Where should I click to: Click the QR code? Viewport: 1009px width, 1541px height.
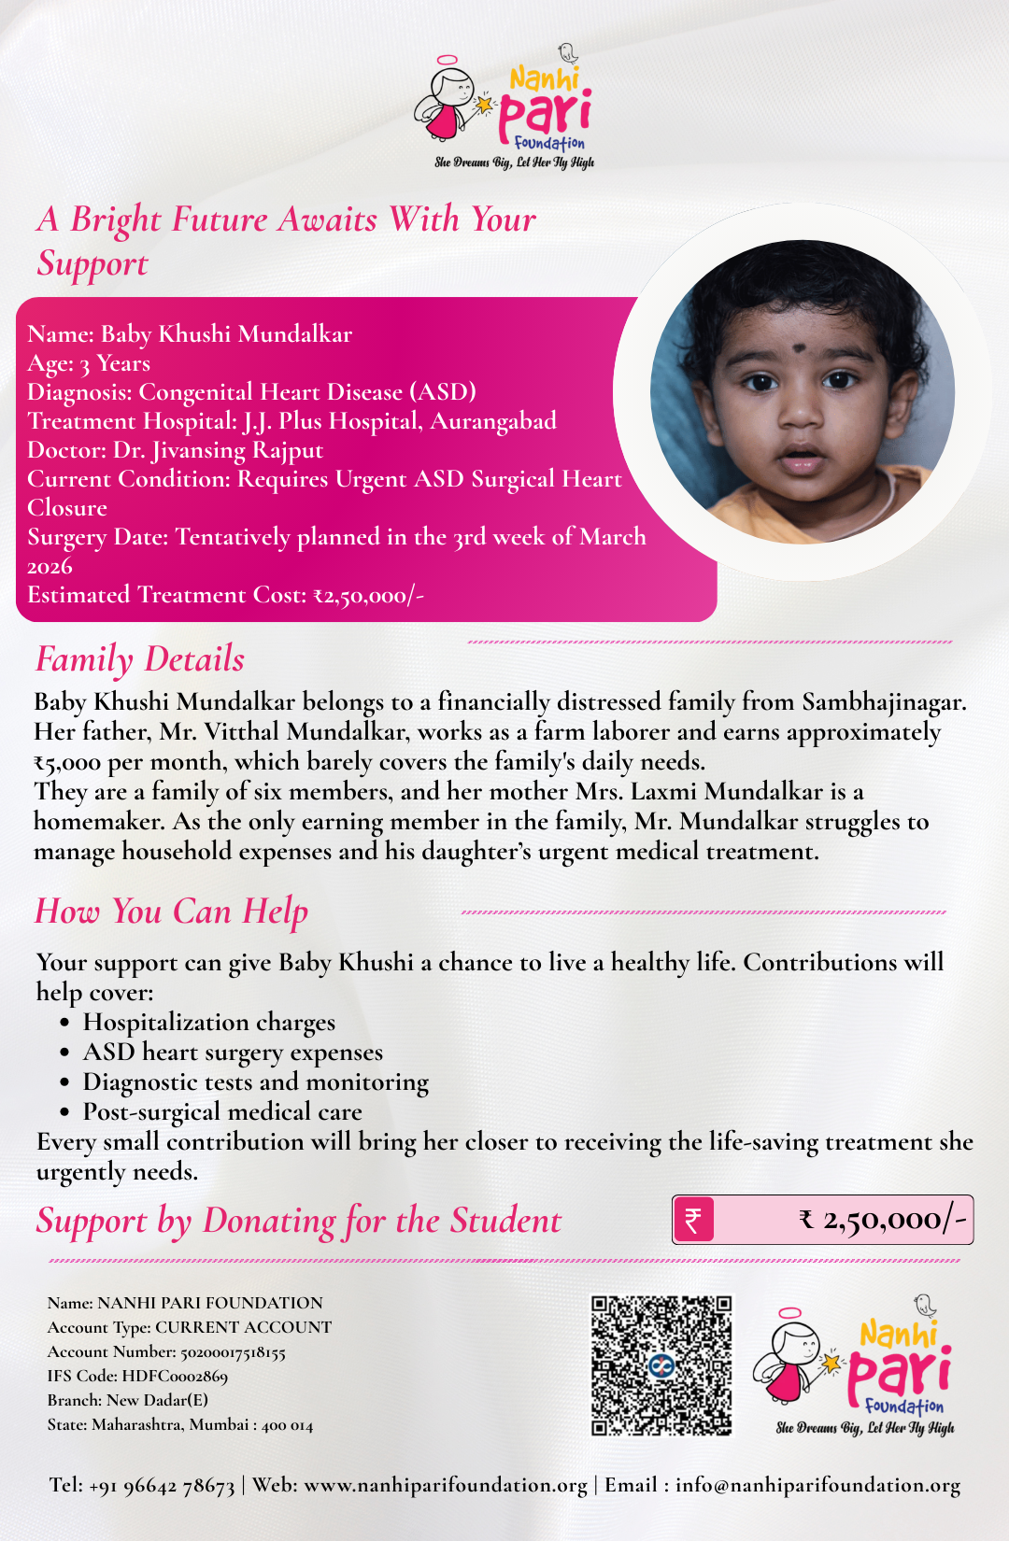(661, 1364)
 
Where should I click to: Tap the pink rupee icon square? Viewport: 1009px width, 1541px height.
(693, 1220)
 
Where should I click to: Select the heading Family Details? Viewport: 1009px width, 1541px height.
(140, 659)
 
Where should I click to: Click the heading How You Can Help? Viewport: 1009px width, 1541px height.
(171, 912)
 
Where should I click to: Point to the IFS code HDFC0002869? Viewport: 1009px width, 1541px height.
(175, 1376)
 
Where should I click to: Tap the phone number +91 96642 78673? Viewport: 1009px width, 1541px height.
(162, 1485)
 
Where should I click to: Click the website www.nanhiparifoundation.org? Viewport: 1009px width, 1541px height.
(446, 1485)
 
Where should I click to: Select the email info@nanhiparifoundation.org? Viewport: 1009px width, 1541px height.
(817, 1485)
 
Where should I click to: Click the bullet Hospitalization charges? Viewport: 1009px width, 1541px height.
(208, 1023)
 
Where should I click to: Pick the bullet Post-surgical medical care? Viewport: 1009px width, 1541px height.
(222, 1112)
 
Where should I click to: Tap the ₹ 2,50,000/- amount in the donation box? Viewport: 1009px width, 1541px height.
(883, 1220)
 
